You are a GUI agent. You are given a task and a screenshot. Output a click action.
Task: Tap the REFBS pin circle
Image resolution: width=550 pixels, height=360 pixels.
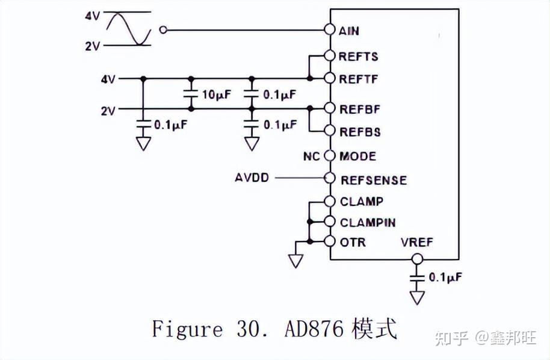pos(329,131)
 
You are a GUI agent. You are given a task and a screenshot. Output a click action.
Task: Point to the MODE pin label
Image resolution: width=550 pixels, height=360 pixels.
pos(357,157)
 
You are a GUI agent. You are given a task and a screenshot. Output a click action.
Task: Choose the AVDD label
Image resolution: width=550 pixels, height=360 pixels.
pos(252,178)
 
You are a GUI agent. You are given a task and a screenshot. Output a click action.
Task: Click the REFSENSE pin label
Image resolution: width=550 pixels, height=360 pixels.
pos(373,180)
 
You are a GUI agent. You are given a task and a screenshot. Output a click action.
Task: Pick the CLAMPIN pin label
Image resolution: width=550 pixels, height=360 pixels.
pos(367,222)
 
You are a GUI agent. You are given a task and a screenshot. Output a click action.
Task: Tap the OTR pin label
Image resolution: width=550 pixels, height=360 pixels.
pos(353,242)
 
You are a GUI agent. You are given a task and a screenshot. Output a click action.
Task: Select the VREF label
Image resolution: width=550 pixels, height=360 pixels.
pos(416,243)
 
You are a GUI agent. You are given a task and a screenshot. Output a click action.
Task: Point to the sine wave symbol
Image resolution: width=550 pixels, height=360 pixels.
pos(129,29)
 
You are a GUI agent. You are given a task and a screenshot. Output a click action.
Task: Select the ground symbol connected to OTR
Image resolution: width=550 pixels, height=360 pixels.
pos(295,259)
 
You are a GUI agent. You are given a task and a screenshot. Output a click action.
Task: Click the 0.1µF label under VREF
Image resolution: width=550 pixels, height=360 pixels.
pos(445,278)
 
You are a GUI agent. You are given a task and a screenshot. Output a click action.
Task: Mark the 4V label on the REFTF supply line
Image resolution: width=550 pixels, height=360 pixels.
pos(108,79)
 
